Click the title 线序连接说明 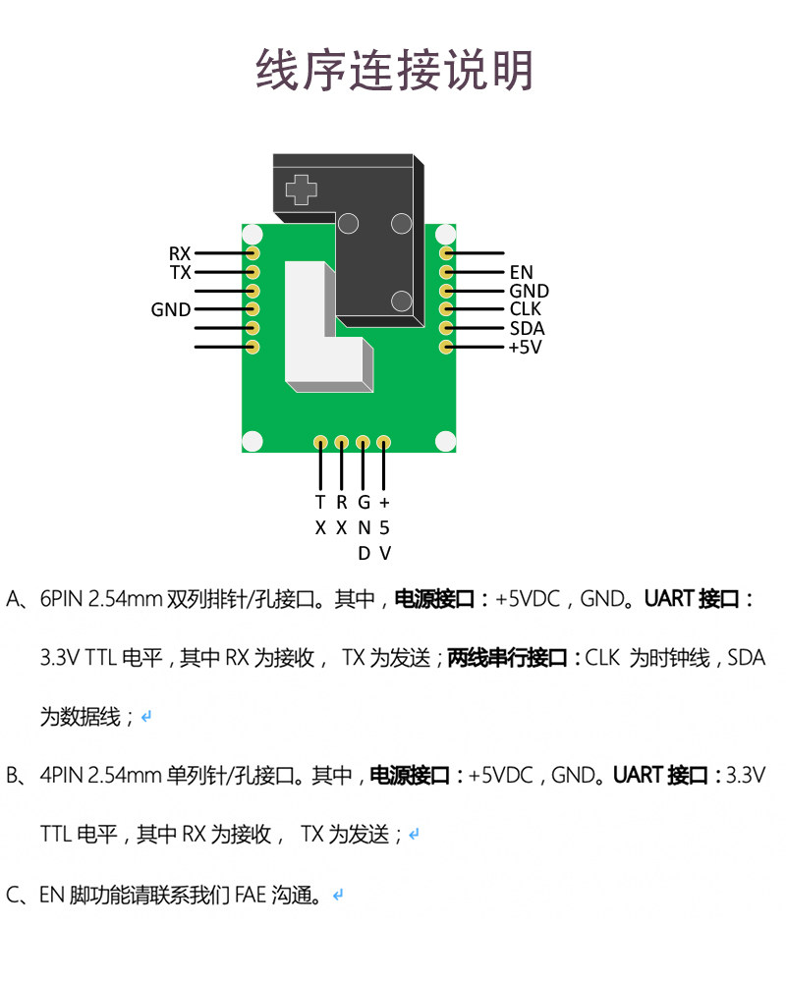[394, 70]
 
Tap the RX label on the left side [180, 253]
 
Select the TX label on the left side [180, 272]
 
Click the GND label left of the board [171, 309]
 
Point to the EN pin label [521, 272]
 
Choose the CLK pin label [526, 308]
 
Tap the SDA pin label [527, 328]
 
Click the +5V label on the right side [525, 347]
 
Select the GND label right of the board [529, 291]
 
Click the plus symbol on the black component [302, 190]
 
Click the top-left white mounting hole [253, 235]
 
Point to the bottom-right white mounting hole [446, 441]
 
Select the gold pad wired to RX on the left [253, 253]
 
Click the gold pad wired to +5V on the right [446, 347]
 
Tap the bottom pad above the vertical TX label [320, 444]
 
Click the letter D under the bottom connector [364, 554]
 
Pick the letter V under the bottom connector [385, 554]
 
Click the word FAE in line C [251, 895]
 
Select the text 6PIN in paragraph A [62, 599]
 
